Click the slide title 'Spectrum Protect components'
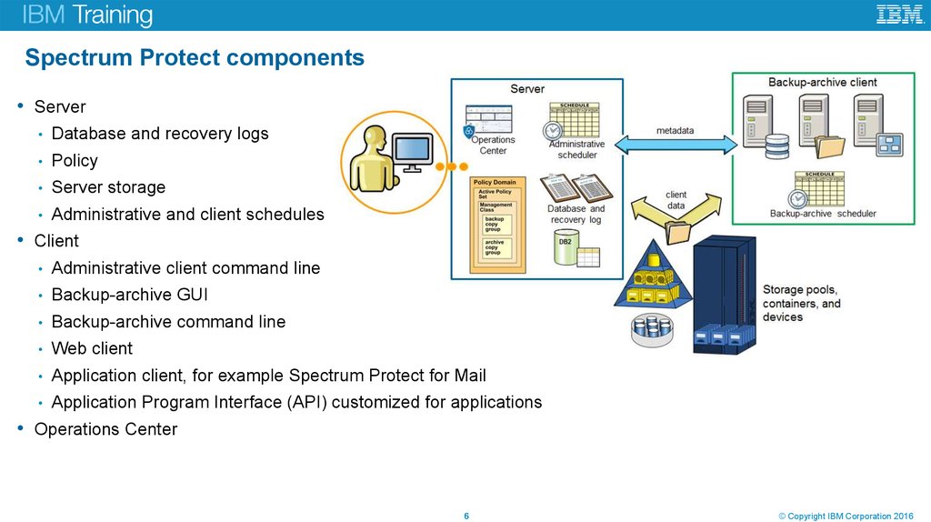tap(195, 58)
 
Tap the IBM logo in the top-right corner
tap(899, 15)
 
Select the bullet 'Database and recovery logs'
tap(160, 134)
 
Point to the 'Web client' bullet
tap(92, 348)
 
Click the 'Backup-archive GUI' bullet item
tap(129, 295)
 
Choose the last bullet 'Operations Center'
tap(105, 429)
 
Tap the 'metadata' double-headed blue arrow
tap(676, 144)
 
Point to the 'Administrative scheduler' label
tap(576, 149)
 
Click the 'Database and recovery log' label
tap(576, 215)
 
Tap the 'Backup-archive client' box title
tap(822, 83)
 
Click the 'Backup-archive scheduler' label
tap(823, 214)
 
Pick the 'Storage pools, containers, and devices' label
tap(801, 304)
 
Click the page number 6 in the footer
tap(466, 517)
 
